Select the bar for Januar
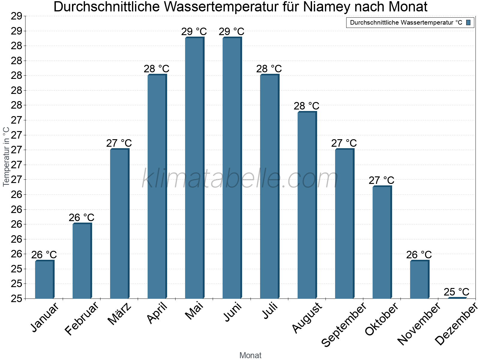click(44, 280)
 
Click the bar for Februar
click(82, 261)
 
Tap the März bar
click(119, 224)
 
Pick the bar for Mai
click(194, 168)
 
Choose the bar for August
click(307, 205)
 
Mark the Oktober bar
click(382, 242)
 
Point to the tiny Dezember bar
click(457, 298)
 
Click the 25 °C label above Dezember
click(456, 292)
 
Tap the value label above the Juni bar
click(231, 31)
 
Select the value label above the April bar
click(156, 69)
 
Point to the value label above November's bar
click(419, 255)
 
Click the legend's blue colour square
click(468, 22)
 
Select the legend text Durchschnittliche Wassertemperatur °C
click(406, 22)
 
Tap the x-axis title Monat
click(250, 355)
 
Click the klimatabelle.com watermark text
click(240, 179)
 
